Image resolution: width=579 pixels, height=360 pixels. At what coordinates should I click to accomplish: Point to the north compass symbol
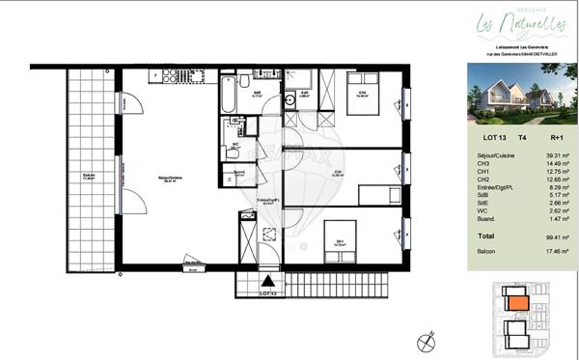425,340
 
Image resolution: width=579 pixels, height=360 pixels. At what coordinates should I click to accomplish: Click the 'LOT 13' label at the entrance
268,291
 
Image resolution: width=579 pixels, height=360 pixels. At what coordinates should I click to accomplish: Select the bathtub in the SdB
228,96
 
